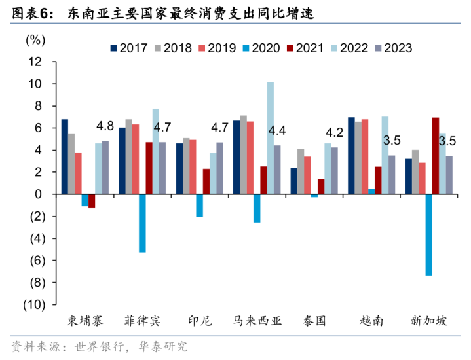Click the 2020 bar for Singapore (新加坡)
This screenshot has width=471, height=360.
click(428, 234)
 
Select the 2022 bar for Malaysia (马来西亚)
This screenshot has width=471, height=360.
click(271, 138)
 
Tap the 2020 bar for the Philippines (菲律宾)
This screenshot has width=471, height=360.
click(142, 223)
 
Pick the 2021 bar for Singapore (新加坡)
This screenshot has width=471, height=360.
click(436, 156)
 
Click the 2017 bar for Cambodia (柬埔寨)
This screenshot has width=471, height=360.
click(65, 157)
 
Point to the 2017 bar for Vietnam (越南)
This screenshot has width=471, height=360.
click(351, 156)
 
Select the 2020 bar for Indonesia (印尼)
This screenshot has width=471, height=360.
click(199, 206)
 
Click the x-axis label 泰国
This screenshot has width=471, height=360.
click(315, 321)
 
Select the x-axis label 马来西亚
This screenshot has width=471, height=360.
click(257, 321)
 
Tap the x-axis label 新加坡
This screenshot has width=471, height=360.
click(429, 321)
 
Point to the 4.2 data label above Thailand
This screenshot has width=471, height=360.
click(335, 130)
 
